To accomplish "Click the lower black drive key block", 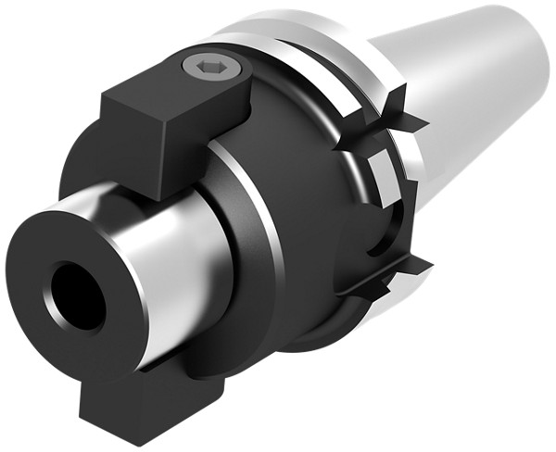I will point(139,403).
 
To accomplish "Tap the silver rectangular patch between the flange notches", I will point(380,175).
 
